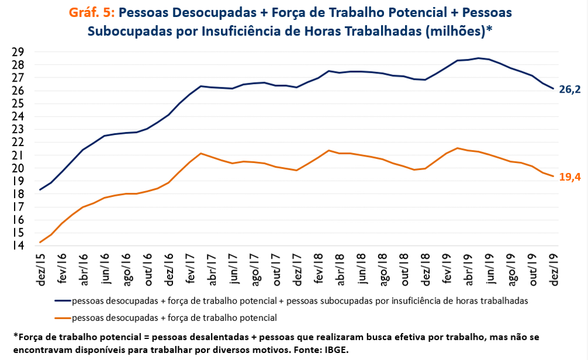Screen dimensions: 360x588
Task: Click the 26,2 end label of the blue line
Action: (570, 90)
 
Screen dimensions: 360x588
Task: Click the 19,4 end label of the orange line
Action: (570, 176)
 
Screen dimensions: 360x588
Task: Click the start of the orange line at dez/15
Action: (40, 242)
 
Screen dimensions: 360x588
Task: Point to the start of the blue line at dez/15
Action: (40, 189)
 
